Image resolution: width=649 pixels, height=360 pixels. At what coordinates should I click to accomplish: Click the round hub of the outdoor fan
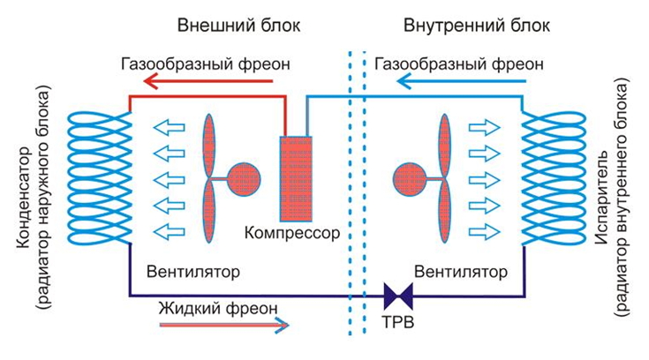click(x=242, y=177)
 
